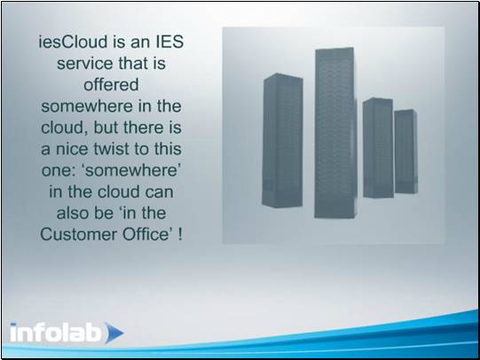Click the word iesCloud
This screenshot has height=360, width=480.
point(73,42)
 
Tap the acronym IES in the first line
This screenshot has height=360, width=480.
point(169,42)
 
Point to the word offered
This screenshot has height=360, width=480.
point(111,85)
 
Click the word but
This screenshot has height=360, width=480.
point(106,128)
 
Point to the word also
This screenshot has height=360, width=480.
point(73,213)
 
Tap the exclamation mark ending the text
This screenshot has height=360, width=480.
point(180,235)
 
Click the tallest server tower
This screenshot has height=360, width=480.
point(335,133)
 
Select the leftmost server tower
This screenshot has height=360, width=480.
point(282,140)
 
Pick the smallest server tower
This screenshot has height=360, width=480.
point(405,152)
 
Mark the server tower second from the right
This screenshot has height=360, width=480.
point(378,148)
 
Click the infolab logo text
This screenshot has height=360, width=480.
point(55,332)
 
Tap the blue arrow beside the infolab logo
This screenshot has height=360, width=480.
point(114,333)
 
